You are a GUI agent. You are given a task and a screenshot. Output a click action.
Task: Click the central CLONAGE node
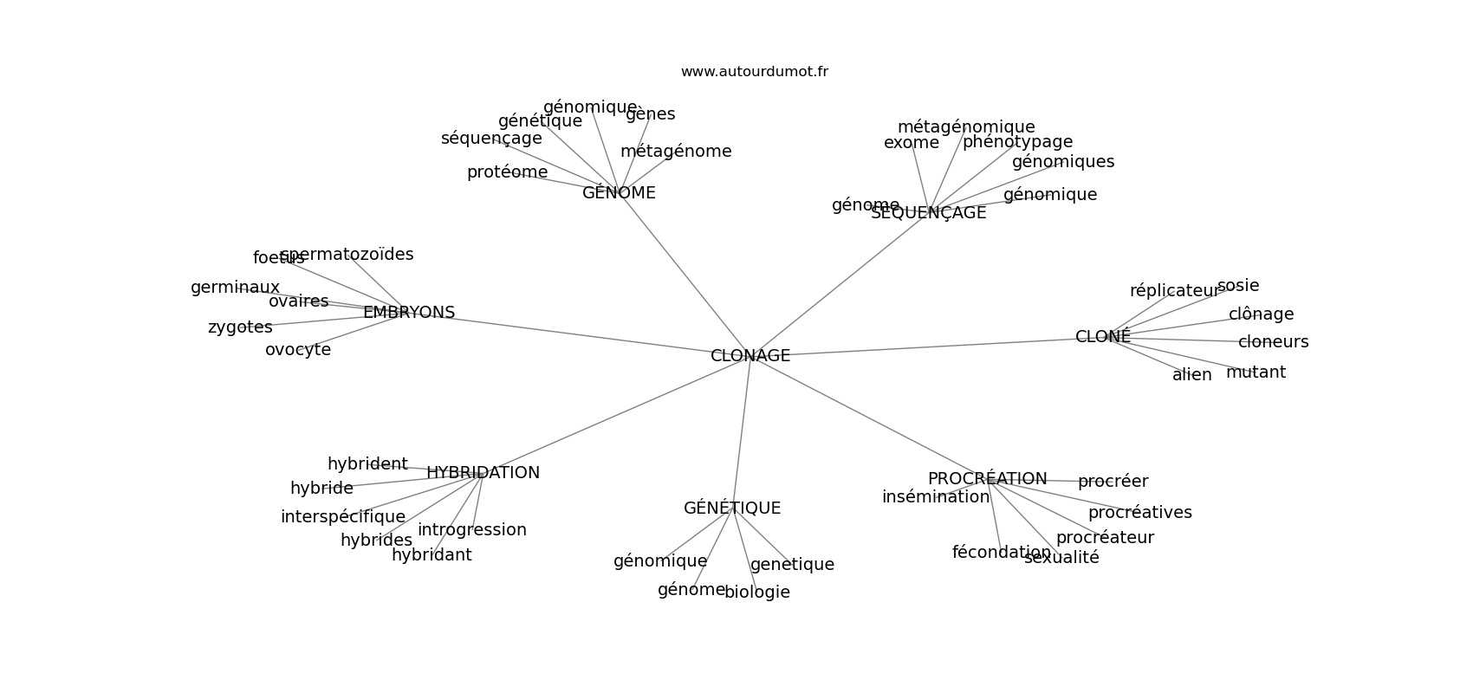pos(750,356)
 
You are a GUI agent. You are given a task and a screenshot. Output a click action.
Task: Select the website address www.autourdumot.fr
pos(754,72)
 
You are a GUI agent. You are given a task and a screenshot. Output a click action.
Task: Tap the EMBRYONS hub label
pos(409,313)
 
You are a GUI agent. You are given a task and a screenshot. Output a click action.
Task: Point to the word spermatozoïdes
pos(347,255)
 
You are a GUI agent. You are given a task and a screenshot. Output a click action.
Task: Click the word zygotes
pos(240,327)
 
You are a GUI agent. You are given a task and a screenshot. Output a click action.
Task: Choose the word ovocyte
pos(298,350)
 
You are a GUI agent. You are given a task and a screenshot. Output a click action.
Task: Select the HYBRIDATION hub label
pos(483,473)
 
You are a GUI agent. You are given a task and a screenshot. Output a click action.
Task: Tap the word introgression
pos(472,530)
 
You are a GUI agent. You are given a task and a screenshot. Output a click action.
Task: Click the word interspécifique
pos(343,517)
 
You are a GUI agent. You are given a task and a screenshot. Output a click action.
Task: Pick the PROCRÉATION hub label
pos(987,479)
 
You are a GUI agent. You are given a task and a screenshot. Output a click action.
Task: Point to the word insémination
pos(936,497)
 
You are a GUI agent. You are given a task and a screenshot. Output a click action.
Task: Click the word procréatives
pos(1139,513)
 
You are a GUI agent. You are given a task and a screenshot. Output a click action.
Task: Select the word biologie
pos(757,593)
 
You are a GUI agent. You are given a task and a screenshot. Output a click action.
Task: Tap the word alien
pos(1192,375)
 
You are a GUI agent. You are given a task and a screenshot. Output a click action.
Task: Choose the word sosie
pos(1238,286)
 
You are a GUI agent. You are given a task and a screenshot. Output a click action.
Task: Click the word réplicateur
pos(1174,291)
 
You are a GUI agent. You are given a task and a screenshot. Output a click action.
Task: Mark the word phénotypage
pos(1017,142)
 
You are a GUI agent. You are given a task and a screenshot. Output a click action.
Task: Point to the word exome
pos(912,143)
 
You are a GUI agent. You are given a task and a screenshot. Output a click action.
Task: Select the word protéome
pos(507,172)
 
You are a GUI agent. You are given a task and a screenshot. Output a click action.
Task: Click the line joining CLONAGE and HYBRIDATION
pos(615,416)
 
